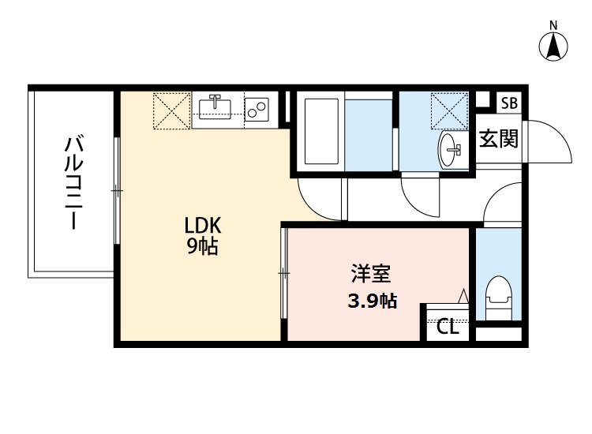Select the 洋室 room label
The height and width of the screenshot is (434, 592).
[x=371, y=276]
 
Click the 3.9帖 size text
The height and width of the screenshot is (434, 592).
[x=371, y=300]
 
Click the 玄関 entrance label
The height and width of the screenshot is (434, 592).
[x=499, y=140]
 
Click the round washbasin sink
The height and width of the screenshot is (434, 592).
[x=451, y=147]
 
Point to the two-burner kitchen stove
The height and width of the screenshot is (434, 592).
[x=257, y=109]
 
